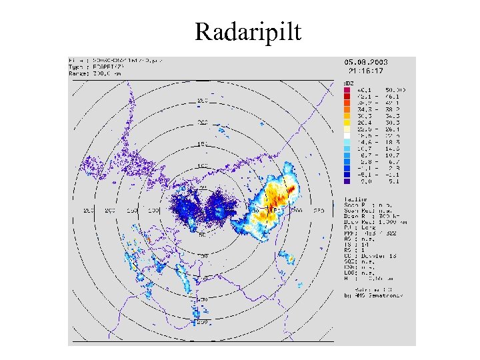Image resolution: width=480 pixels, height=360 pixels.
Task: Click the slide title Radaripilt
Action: click(x=248, y=31)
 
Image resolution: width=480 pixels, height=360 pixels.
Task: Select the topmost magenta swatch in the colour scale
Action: click(x=347, y=89)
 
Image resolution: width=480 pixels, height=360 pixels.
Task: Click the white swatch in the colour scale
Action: click(x=347, y=135)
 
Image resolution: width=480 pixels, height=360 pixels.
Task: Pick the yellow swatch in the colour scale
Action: click(x=347, y=122)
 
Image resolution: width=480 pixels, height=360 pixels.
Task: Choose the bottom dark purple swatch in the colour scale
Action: click(x=347, y=181)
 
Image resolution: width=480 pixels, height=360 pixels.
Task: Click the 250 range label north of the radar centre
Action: click(x=201, y=101)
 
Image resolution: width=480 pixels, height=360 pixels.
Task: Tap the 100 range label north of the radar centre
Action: click(x=201, y=166)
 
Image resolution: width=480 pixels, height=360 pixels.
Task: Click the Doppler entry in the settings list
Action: click(x=367, y=254)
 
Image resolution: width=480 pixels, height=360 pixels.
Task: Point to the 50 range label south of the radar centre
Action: click(x=201, y=235)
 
